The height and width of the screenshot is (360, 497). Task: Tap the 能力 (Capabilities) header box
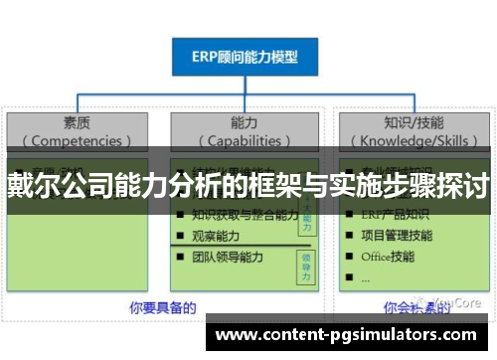click(245, 131)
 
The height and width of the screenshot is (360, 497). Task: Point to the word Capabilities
click(245, 140)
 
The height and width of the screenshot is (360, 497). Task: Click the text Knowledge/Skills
click(413, 140)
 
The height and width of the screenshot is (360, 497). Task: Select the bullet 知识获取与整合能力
click(245, 214)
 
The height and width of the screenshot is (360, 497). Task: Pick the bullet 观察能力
click(217, 235)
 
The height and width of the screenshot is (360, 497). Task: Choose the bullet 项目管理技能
click(396, 235)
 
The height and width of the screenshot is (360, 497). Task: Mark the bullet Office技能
click(389, 256)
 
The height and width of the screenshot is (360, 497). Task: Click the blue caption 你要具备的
click(162, 307)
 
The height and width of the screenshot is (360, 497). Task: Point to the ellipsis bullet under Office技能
click(366, 277)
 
